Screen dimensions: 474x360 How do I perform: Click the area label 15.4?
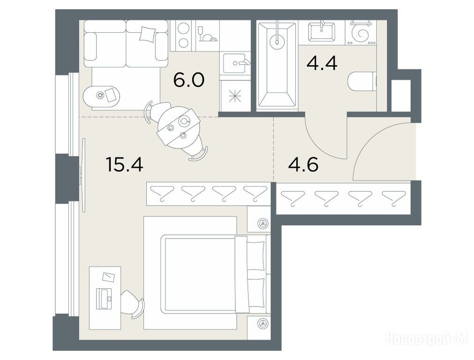(x=124, y=165)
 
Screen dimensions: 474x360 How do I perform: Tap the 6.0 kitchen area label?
(x=189, y=80)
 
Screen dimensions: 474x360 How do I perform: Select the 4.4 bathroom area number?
(x=322, y=63)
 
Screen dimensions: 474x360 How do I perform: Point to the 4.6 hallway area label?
(x=303, y=165)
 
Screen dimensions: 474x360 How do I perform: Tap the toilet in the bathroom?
(x=362, y=82)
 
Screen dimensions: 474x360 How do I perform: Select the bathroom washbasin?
(x=322, y=31)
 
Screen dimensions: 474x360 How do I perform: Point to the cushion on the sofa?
(x=148, y=34)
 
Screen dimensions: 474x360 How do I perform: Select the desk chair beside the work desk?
(x=132, y=304)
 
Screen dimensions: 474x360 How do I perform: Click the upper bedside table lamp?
(x=263, y=224)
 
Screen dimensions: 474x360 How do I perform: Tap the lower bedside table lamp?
(x=263, y=324)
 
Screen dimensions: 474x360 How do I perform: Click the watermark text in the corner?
(x=427, y=338)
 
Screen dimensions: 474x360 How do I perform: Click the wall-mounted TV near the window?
(x=83, y=175)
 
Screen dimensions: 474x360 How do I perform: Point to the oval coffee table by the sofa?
(x=101, y=96)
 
